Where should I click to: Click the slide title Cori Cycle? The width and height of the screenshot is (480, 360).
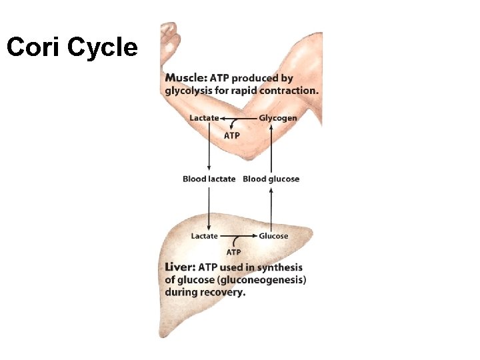pos(71,48)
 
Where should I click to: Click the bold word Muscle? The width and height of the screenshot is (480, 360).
pos(185,79)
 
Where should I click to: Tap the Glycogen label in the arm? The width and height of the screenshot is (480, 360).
pos(278,118)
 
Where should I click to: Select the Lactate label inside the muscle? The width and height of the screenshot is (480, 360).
pos(203,118)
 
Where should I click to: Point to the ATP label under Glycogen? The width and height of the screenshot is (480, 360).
pos(232,135)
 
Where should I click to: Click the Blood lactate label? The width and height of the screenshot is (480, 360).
pos(209,179)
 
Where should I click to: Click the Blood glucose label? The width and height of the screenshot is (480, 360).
pos(271,179)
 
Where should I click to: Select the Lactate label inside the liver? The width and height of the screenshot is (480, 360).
pos(204,236)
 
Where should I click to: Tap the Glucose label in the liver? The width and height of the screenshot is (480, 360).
pos(273,236)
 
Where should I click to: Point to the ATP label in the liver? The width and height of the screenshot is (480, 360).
pos(234,252)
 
